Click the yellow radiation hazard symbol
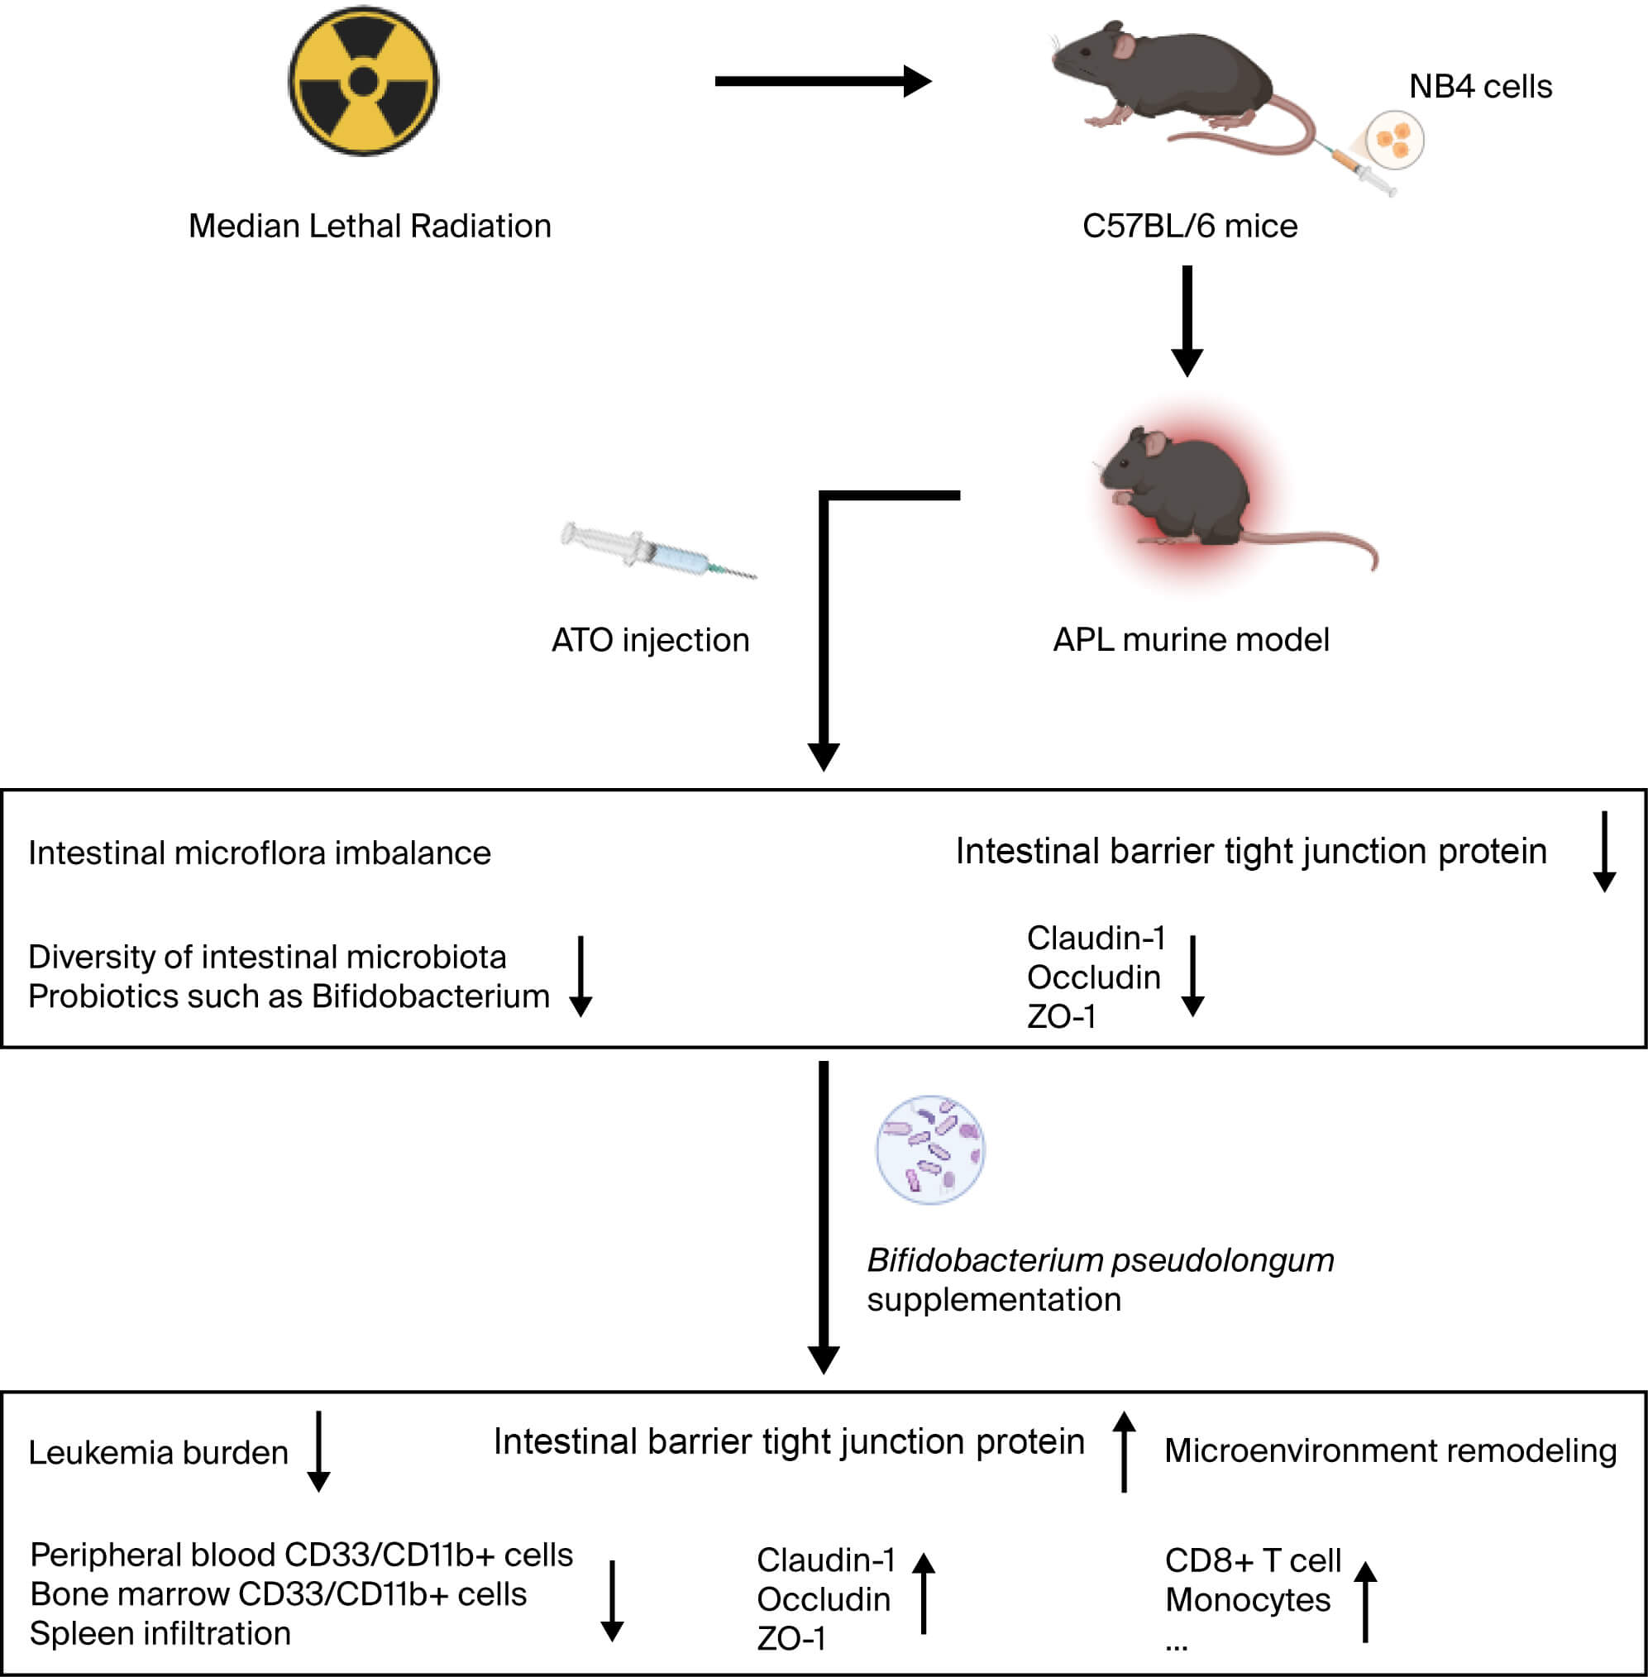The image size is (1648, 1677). tap(364, 81)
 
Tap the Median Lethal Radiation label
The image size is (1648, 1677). tap(370, 226)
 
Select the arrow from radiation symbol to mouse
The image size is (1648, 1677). tap(822, 81)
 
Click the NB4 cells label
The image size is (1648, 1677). tap(1480, 87)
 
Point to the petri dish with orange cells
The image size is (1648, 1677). tap(1394, 140)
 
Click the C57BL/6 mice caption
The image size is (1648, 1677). tap(1189, 226)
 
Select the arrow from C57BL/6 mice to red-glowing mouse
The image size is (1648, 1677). tap(1187, 320)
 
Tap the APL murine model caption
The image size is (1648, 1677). tap(1190, 640)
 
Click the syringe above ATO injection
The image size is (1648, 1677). tap(658, 551)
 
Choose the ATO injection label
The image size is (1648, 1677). tap(650, 641)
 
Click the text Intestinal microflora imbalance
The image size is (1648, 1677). tap(260, 853)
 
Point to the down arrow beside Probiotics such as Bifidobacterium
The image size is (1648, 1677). tap(580, 976)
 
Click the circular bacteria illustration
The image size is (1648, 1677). tap(930, 1149)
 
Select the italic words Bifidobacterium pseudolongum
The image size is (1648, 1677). tap(1100, 1260)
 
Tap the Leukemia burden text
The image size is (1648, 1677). tap(159, 1453)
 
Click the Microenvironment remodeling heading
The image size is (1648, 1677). tap(1390, 1451)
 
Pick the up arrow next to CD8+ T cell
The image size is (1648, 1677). tap(1365, 1602)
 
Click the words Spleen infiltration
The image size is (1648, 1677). tap(160, 1634)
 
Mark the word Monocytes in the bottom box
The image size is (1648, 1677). tap(1247, 1600)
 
